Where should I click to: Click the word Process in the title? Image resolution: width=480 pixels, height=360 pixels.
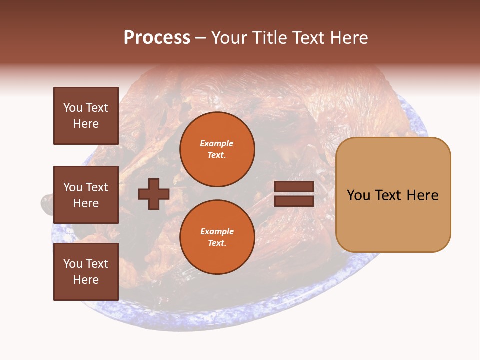pos(157,38)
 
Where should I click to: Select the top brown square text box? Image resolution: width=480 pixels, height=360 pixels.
pos(86,116)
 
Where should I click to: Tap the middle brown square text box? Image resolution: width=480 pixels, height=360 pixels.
pos(86,195)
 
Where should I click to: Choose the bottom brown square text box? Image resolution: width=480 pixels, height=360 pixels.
pos(86,272)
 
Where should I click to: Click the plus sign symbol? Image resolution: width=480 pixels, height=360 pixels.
pos(154,194)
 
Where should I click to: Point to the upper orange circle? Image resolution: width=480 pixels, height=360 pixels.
pos(217,149)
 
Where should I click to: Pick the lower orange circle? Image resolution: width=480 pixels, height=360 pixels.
pos(217,237)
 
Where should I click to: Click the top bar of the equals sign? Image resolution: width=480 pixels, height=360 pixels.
pos(294,186)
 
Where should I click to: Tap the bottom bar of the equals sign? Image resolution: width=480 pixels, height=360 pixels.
pos(294,201)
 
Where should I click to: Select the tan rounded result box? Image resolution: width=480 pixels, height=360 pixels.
pos(393,194)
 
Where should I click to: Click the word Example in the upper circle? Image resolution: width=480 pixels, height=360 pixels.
pos(217,143)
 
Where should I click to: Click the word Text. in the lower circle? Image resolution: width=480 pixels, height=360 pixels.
pos(217,243)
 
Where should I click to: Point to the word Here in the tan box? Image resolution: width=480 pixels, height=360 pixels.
pos(422,195)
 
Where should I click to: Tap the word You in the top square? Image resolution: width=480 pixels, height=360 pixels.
pos(72,108)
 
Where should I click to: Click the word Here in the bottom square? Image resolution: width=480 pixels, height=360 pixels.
pos(86,280)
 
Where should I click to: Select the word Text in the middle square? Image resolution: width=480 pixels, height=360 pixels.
pos(96,187)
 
